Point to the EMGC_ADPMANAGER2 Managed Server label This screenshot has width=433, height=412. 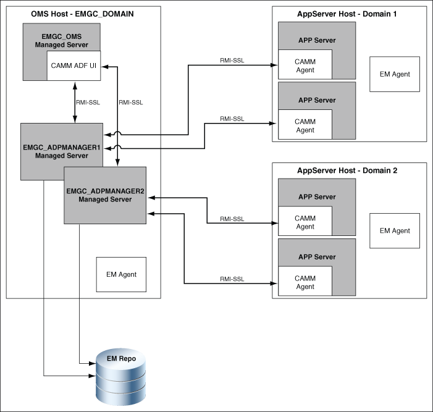pos(105,195)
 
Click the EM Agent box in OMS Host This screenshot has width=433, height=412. pos(121,274)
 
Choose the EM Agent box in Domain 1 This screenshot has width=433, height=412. pos(394,74)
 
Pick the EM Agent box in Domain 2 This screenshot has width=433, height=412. pos(394,231)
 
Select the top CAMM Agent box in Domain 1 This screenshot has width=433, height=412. pos(305,66)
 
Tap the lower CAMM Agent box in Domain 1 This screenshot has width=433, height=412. pos(305,126)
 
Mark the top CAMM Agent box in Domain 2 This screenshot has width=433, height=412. pos(305,222)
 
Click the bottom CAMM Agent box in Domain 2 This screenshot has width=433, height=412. pos(305,282)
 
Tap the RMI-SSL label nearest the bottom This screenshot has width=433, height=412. pos(232,279)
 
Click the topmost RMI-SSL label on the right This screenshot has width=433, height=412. pos(232,59)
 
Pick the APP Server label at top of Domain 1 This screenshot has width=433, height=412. pos(317,41)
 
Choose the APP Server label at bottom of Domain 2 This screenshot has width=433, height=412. pos(317,257)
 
